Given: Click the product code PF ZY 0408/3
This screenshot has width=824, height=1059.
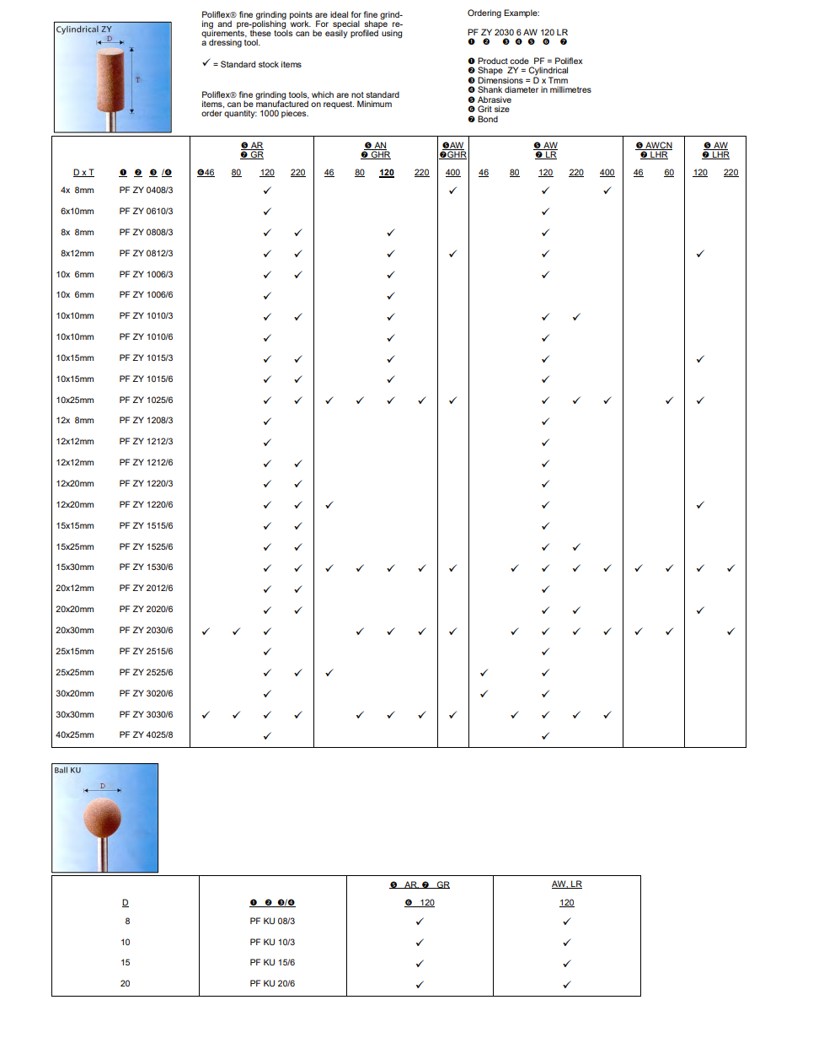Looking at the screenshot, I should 146,191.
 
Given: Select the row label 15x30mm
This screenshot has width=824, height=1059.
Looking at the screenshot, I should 75,567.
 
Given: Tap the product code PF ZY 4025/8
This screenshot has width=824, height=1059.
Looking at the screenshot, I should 146,735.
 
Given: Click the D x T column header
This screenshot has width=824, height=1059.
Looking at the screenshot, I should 83,173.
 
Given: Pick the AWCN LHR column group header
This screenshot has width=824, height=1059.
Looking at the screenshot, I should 654,150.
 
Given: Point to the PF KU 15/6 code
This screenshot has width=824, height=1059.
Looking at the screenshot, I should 272,963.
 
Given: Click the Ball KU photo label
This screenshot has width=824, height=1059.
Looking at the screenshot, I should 68,771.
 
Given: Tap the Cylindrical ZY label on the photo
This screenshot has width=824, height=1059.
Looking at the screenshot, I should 83,30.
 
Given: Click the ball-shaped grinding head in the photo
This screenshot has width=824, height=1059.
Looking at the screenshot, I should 103,817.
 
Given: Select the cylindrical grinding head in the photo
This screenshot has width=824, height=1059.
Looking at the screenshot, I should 110,80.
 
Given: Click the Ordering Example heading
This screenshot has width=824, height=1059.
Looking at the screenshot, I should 504,13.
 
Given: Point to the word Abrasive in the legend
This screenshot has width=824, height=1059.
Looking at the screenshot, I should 495,100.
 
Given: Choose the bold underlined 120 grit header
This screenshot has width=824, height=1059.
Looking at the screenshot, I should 387,173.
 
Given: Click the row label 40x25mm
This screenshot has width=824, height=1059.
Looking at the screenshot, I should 75,735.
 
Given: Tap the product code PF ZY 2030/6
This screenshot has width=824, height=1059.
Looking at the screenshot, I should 146,631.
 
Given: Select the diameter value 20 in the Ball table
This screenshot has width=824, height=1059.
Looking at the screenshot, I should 126,984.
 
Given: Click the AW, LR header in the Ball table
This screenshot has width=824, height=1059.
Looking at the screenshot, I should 567,884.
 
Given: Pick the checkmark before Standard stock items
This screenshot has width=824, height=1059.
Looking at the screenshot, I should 206,63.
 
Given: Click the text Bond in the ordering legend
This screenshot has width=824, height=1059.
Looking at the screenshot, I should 488,120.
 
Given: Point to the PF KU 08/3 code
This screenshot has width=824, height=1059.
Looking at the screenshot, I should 272,922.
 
